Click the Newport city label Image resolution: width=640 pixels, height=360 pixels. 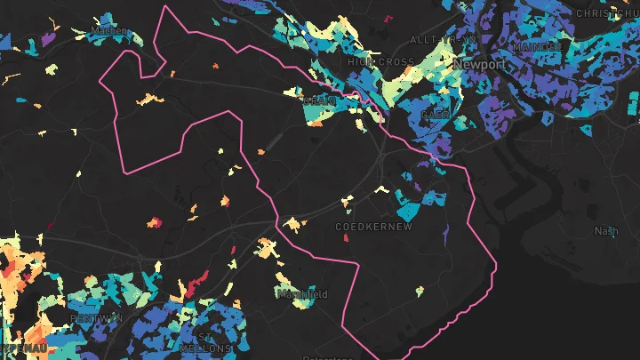tap(480, 66)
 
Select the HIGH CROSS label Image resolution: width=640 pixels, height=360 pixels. tap(381, 62)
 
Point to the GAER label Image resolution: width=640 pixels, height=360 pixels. tap(436, 116)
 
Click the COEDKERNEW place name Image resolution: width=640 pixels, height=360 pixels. tap(374, 228)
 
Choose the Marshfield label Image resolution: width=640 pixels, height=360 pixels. tap(302, 294)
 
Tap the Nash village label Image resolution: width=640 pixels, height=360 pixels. tap(606, 231)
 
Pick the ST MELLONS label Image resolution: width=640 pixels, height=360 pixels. tap(205, 342)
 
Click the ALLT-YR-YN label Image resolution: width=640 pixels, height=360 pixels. tap(432, 40)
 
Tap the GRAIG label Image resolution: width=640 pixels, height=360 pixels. tap(318, 101)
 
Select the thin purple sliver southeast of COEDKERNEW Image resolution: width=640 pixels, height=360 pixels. tap(447, 233)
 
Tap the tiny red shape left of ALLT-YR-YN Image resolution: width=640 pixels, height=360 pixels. tap(389, 18)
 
